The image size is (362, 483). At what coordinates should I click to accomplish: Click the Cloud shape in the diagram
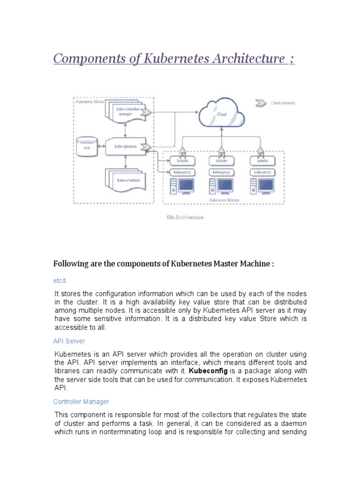(x=222, y=115)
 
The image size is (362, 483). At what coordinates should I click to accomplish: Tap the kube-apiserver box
(x=126, y=147)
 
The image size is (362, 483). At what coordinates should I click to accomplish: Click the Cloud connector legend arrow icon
(x=260, y=102)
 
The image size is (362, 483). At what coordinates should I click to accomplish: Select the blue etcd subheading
(x=59, y=280)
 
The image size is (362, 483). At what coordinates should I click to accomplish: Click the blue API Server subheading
(x=69, y=341)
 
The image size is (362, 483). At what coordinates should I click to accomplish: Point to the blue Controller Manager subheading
(x=81, y=401)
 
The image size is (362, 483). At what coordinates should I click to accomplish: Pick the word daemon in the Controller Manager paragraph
(x=294, y=423)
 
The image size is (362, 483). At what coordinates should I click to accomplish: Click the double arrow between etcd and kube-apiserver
(x=102, y=147)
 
